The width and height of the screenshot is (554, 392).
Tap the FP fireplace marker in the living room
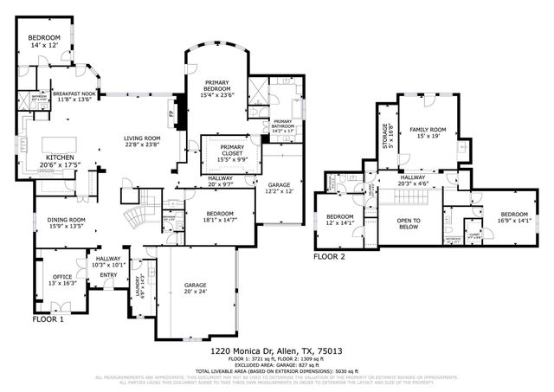(171, 113)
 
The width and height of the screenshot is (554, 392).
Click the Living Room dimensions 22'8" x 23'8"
(141, 145)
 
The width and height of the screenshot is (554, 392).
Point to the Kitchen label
(60, 157)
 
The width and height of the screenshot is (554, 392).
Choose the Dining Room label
(66, 220)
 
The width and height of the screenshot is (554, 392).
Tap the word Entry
(108, 275)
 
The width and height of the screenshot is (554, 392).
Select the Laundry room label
(138, 286)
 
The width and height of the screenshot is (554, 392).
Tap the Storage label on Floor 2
(386, 138)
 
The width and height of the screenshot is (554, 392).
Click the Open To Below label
(409, 223)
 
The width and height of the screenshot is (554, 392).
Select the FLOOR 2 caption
(329, 257)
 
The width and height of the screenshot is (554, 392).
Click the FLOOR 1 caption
(48, 319)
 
